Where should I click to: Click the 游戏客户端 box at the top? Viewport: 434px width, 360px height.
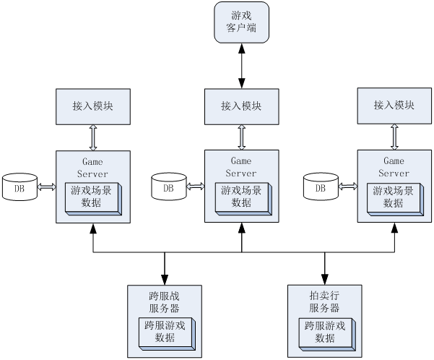(241, 22)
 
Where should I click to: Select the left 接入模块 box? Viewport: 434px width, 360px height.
(93, 106)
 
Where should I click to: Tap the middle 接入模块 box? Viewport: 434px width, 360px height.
(241, 106)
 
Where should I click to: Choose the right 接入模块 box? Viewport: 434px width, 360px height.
(394, 105)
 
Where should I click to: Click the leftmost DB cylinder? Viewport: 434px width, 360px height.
(19, 188)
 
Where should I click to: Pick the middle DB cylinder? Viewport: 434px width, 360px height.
(168, 187)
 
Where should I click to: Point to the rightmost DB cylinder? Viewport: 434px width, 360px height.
(320, 187)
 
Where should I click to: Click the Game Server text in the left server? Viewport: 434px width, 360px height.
(93, 168)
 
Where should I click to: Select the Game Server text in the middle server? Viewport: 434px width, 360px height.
(241, 167)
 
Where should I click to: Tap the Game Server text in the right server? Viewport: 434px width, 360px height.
(394, 167)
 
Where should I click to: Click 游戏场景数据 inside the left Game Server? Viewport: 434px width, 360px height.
(92, 197)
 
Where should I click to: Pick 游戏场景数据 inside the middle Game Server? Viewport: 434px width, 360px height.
(241, 197)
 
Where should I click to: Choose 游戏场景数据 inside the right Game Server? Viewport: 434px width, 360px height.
(394, 197)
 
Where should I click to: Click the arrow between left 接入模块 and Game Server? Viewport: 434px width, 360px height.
(93, 137)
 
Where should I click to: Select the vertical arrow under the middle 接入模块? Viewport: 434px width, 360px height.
(241, 137)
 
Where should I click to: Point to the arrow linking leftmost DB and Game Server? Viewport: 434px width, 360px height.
(46, 188)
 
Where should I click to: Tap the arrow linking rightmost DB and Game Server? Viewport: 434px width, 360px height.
(347, 187)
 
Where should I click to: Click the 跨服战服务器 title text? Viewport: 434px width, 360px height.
(164, 301)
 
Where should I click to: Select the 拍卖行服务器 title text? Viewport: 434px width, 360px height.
(324, 301)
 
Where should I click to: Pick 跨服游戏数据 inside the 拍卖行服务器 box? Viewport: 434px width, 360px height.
(324, 331)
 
